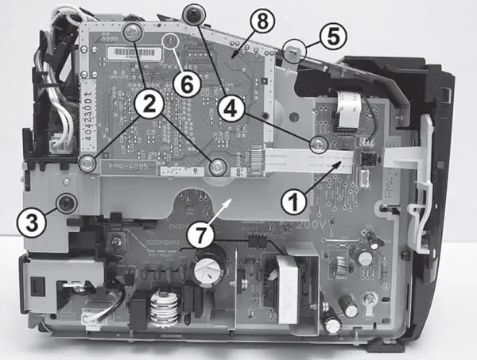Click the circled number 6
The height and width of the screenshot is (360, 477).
pyautogui.click(x=184, y=84)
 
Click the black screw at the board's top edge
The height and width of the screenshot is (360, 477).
pyautogui.click(x=192, y=12)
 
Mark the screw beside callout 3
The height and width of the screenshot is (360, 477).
pyautogui.click(x=64, y=205)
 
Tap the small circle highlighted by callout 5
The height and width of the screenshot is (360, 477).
pyautogui.click(x=293, y=51)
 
